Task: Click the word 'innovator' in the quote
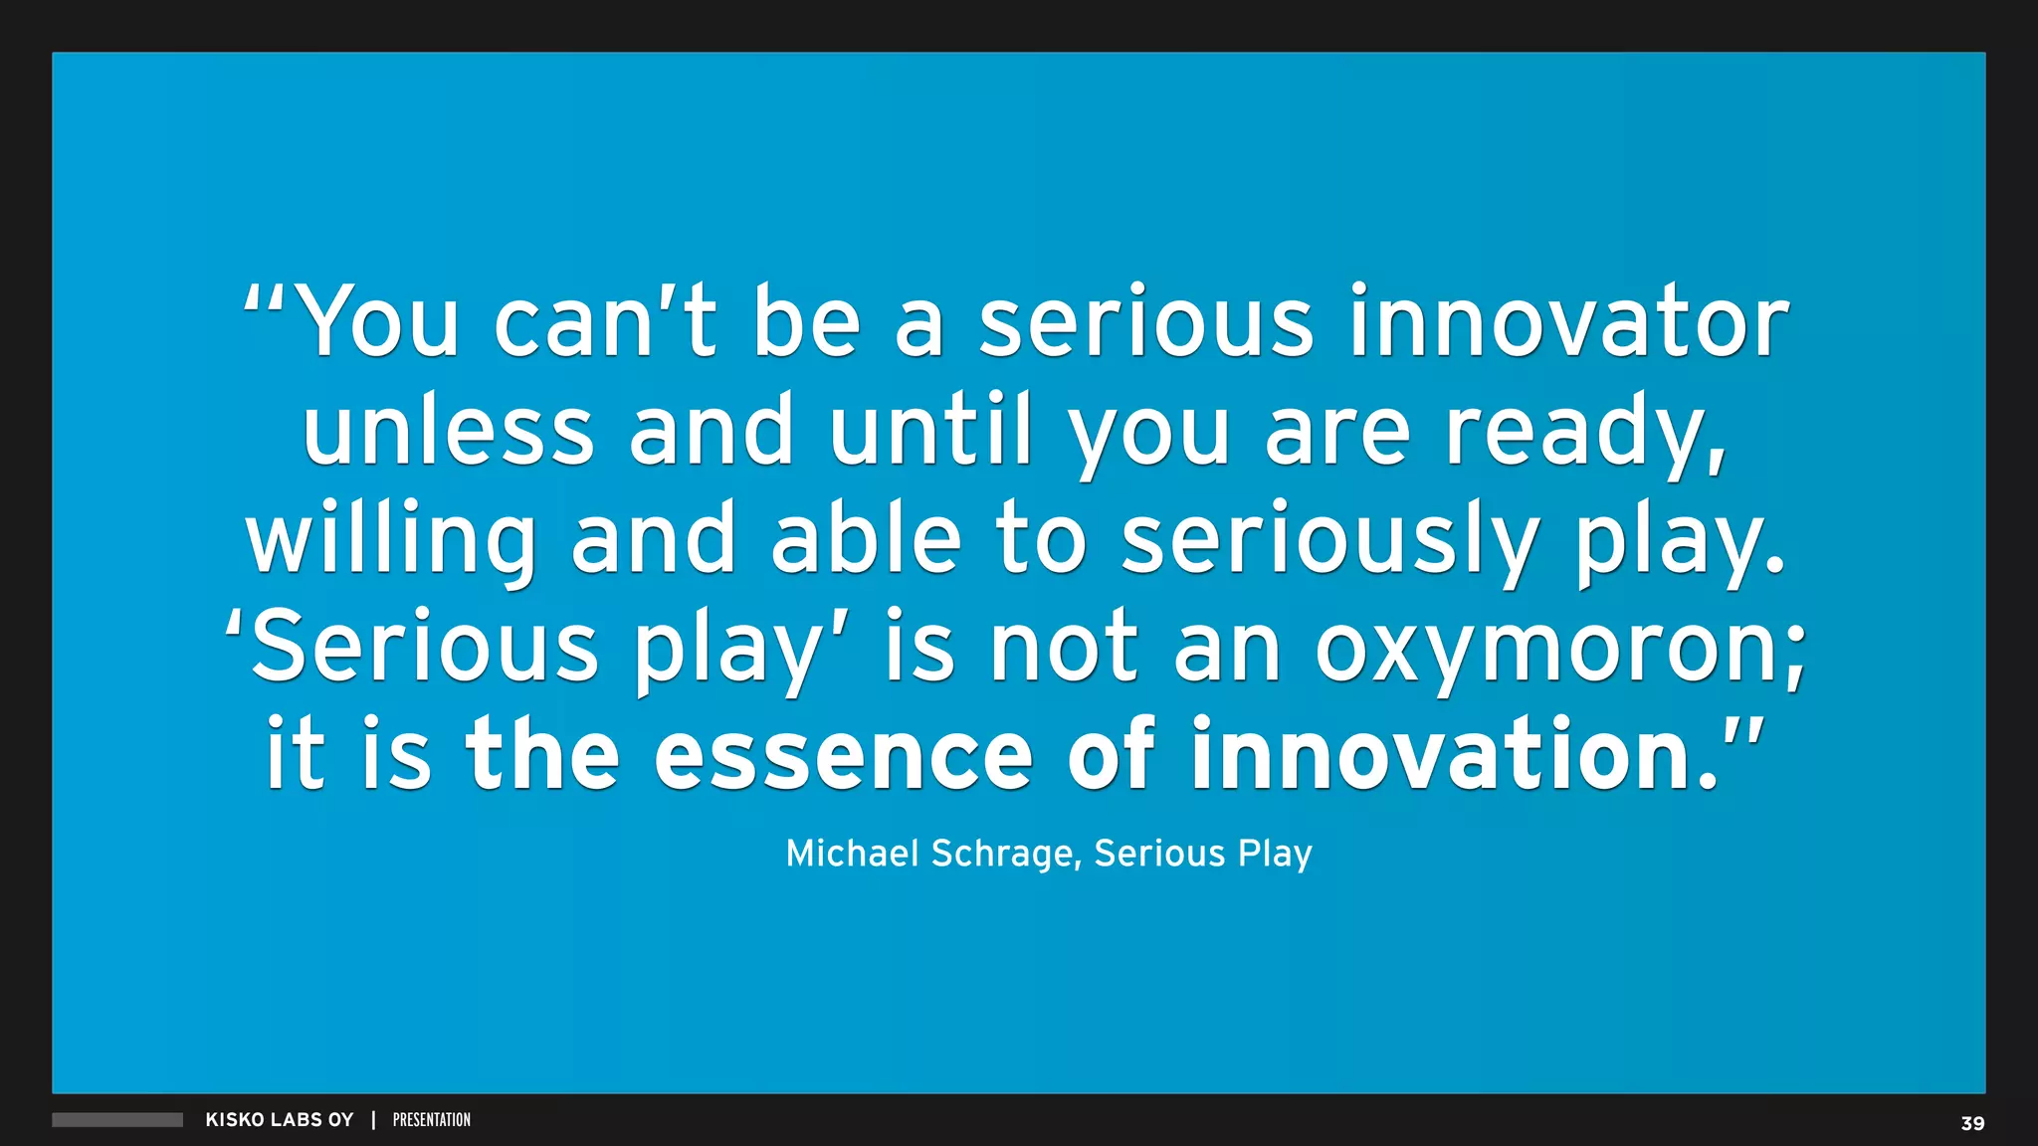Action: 1568,322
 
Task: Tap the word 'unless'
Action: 448,430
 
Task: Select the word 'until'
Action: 931,430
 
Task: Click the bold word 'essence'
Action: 844,756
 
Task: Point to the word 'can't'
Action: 605,322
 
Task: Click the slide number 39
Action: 1972,1123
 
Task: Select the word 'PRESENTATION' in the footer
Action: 432,1120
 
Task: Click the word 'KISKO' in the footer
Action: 234,1120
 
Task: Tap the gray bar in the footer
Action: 117,1120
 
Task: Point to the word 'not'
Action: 1063,649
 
